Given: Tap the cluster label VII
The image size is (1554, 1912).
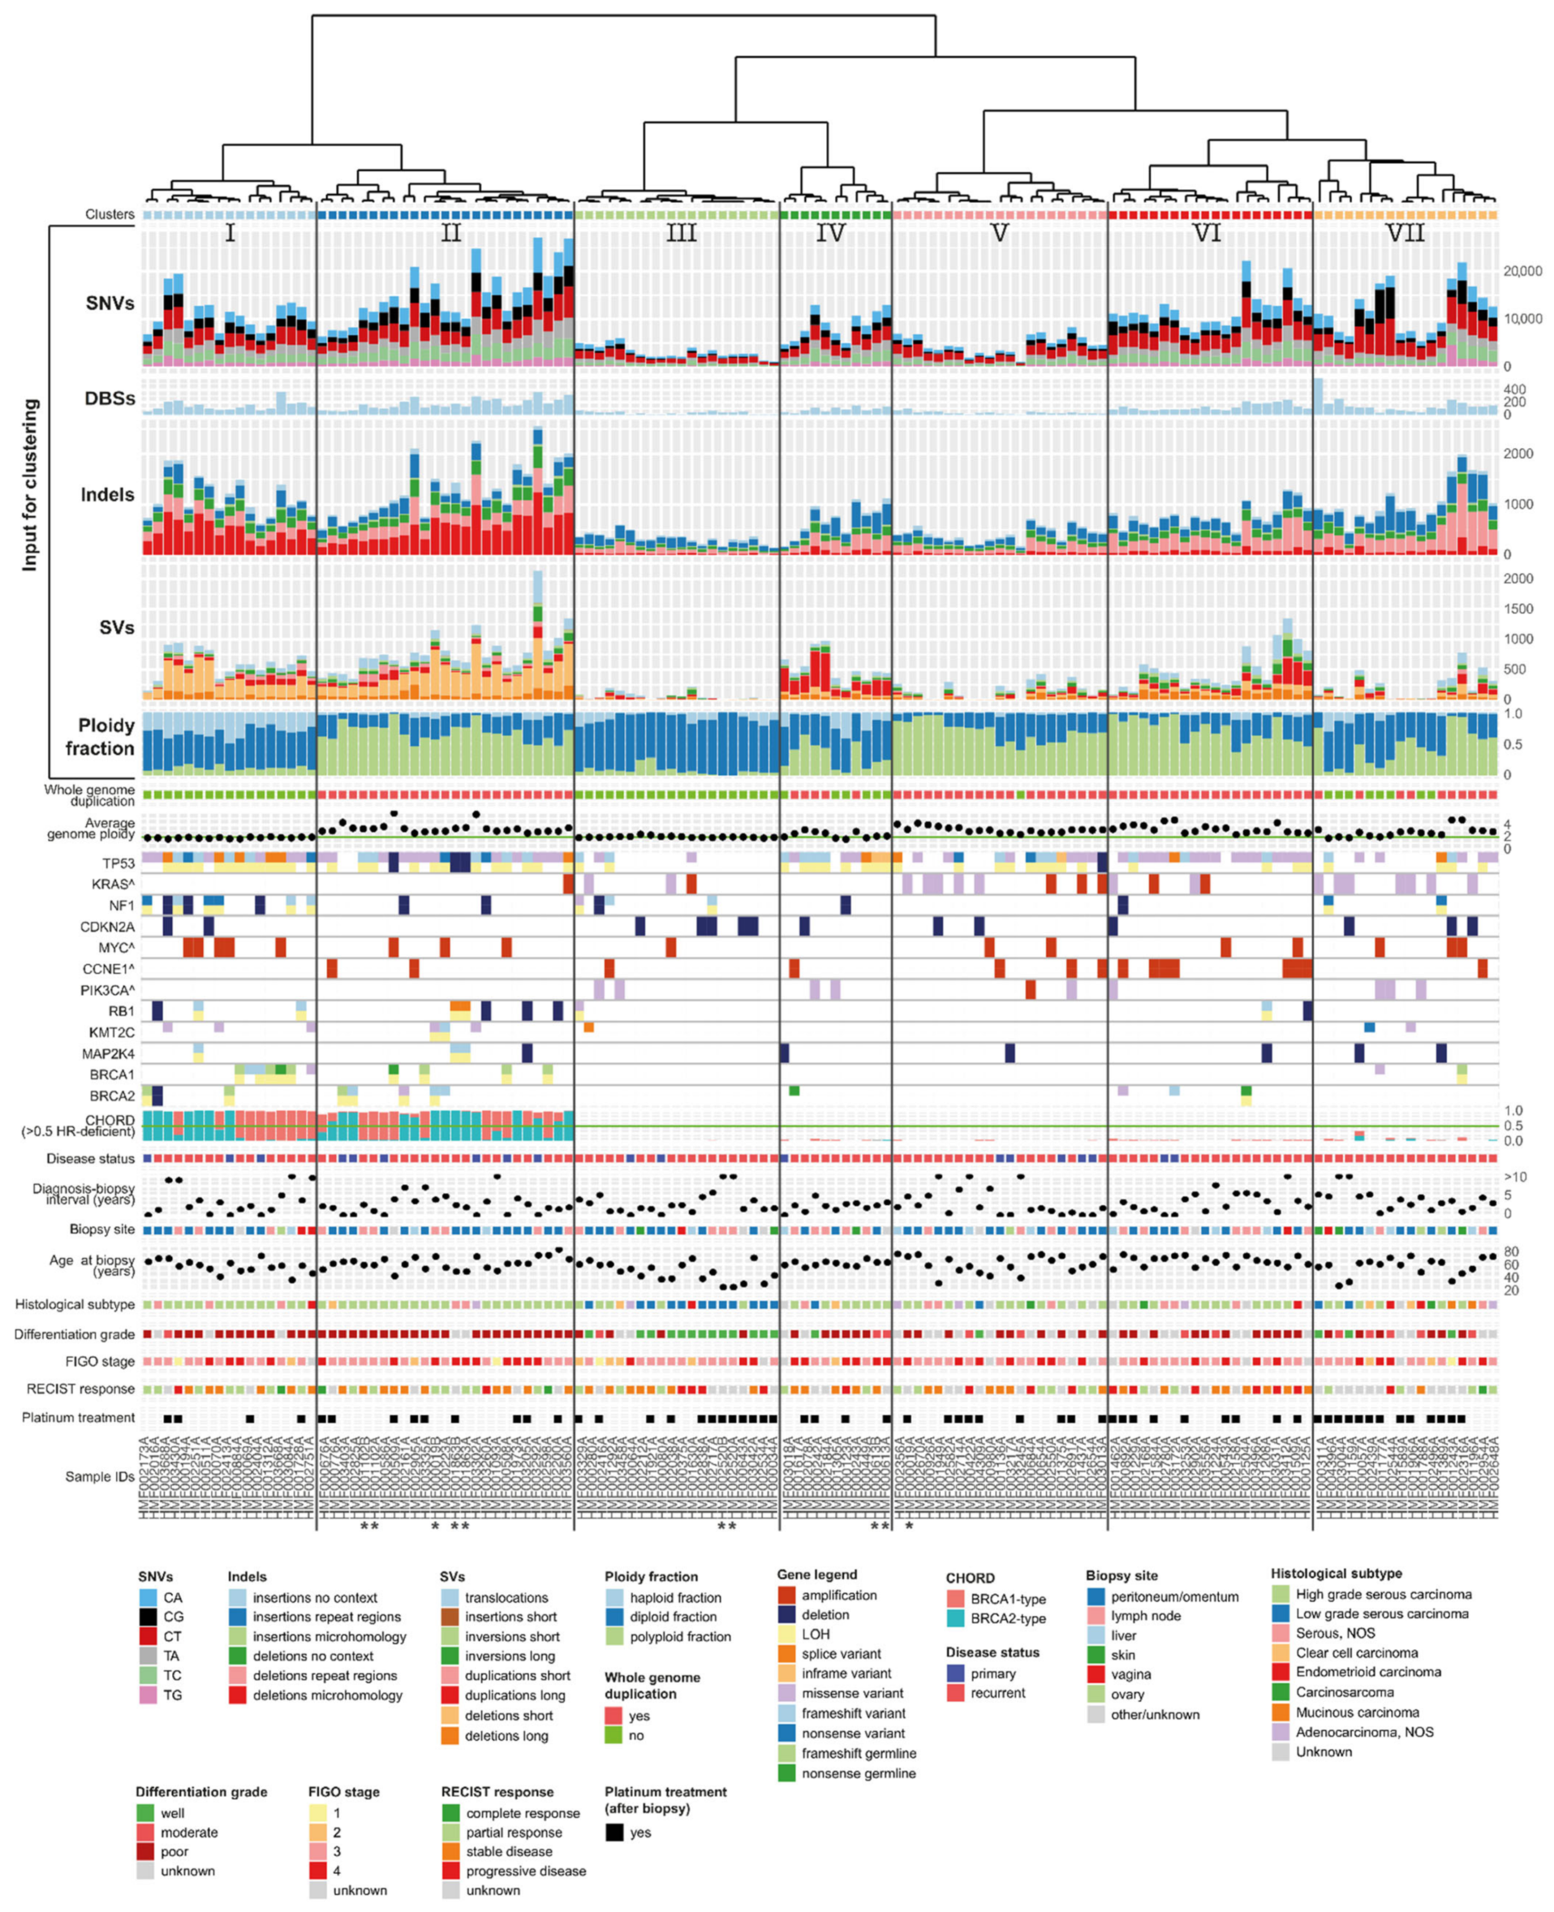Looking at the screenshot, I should [x=1404, y=234].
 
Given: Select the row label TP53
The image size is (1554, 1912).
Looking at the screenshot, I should [x=118, y=863].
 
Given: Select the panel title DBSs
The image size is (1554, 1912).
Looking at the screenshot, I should [x=110, y=398].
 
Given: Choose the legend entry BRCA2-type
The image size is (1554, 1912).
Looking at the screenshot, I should [x=1008, y=1618].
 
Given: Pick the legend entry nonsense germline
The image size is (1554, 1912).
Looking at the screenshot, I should [x=858, y=1773].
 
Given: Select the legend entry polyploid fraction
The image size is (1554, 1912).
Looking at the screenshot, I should [x=680, y=1636].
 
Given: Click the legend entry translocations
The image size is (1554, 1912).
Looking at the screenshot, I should [x=506, y=1598].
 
